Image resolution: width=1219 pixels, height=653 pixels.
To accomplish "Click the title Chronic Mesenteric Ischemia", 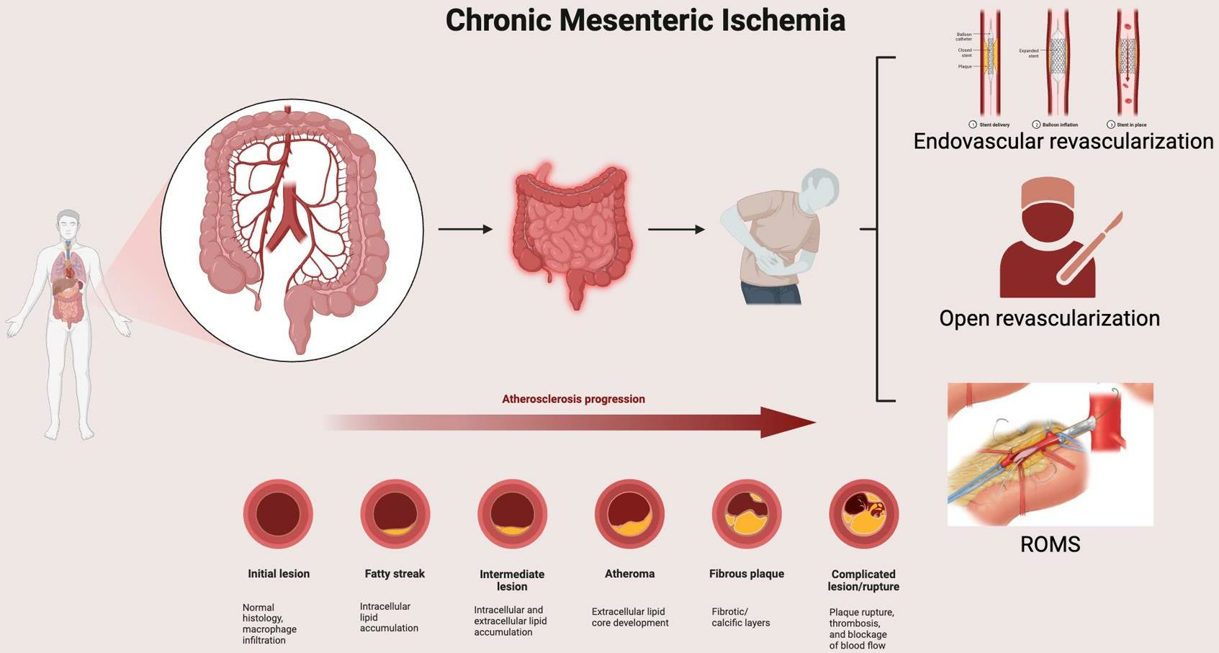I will pos(645,20).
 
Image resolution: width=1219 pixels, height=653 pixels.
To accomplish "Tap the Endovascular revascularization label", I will pos(1063,141).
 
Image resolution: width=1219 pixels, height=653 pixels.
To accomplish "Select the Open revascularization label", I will pos(1049,318).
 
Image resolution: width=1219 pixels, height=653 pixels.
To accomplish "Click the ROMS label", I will pos(1050,544).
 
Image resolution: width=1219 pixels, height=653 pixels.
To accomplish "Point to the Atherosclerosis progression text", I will pos(573,399).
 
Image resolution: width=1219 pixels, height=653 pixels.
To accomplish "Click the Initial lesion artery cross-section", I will pos(278,514).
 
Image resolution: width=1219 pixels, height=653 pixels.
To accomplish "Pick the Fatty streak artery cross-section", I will pos(395,514).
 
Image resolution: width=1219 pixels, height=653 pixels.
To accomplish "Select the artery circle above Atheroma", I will pos(629,514).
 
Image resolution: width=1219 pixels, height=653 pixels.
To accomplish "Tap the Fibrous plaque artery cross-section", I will pos(746,514).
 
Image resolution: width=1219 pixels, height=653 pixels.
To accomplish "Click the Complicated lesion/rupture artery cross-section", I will pos(863,514).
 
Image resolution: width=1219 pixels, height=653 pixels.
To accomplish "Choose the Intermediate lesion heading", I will pos(512,580).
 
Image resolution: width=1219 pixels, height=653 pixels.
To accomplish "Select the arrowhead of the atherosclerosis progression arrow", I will pos(788,423).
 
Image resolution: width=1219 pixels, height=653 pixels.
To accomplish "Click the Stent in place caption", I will pos(1130,125).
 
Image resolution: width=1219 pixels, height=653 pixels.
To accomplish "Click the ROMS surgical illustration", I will pos(1050,454).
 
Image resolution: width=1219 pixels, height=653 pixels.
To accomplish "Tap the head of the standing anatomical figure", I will pos(68,225).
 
